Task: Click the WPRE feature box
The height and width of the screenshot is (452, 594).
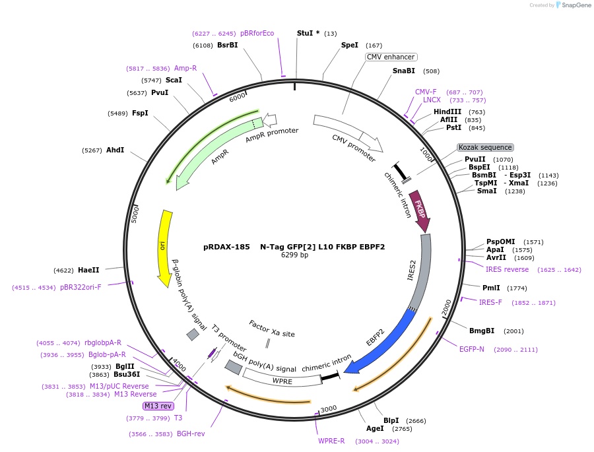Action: (x=282, y=381)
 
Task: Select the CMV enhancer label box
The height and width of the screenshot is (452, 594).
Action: (x=391, y=57)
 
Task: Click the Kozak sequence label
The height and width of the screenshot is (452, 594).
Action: (x=485, y=147)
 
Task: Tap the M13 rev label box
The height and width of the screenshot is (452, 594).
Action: (x=158, y=406)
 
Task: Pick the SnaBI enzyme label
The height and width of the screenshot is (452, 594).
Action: (x=404, y=71)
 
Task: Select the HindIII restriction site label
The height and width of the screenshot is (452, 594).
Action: (x=447, y=112)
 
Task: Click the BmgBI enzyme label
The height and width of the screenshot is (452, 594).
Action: (x=482, y=331)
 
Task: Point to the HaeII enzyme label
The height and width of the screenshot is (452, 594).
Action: (x=88, y=270)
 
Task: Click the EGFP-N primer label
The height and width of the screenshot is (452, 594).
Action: (x=472, y=349)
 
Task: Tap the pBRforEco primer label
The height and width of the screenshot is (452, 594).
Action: (x=257, y=33)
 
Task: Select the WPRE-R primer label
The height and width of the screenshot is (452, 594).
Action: (x=331, y=441)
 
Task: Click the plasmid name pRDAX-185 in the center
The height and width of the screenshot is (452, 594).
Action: (x=226, y=247)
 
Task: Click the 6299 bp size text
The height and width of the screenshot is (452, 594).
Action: (x=294, y=255)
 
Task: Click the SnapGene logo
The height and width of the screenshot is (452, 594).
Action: (x=572, y=5)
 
